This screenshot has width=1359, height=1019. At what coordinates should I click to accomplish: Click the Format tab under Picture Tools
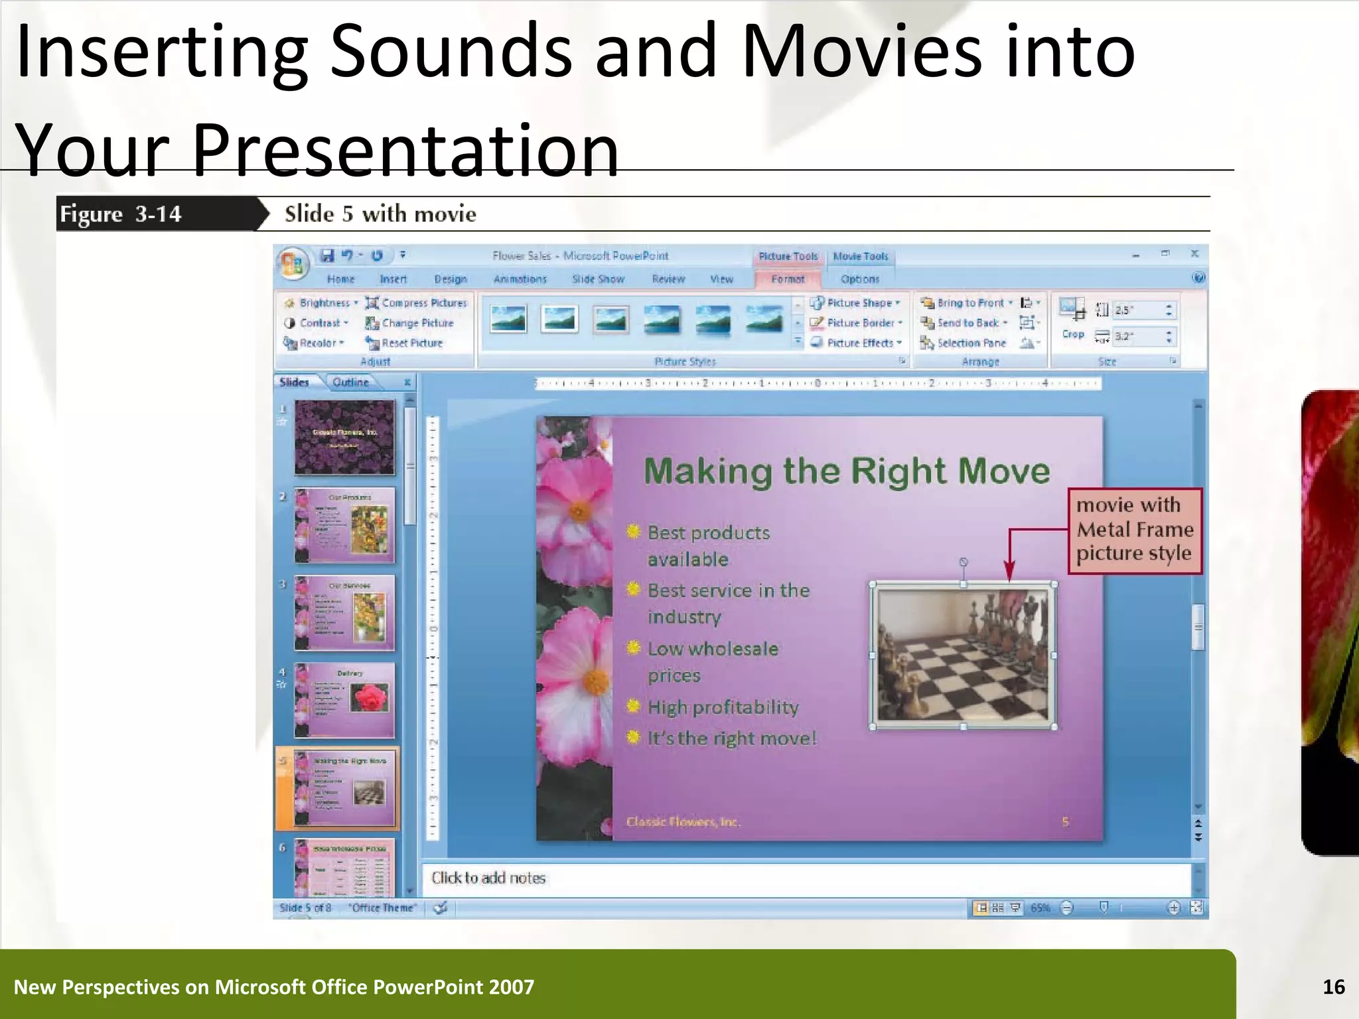(788, 279)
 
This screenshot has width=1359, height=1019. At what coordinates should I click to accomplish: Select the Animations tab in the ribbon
(520, 279)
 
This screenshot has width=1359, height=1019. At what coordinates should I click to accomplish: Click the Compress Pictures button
(417, 303)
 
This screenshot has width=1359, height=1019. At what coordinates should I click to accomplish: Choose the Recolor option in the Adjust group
(315, 343)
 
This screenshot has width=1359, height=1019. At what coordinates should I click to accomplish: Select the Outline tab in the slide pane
(350, 382)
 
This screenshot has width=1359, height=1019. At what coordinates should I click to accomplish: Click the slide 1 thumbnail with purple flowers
(344, 437)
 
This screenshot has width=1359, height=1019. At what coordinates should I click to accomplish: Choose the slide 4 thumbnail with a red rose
(344, 700)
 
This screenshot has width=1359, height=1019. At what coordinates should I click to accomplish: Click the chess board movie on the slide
(963, 655)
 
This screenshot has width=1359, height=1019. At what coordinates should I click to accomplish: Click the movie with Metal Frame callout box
(1134, 530)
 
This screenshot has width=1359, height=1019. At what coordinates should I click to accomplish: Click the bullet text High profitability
(723, 707)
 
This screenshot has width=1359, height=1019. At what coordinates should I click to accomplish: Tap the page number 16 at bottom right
(1333, 987)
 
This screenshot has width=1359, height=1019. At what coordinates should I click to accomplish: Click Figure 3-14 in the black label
(121, 214)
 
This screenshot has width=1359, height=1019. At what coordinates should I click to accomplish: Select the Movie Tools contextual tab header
(860, 257)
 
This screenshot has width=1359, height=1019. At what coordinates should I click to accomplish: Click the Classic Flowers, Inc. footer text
(683, 822)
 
